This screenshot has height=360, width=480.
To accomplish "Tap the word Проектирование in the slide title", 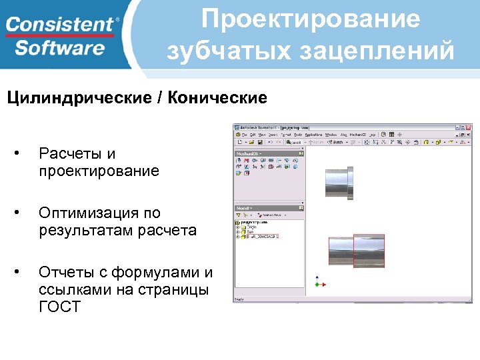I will pos(311,19).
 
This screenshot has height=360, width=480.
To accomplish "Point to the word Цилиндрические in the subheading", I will pos(78,99).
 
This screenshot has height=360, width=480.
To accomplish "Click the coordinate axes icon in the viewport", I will pos(319,282).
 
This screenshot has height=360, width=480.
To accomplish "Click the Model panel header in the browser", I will pos(243,208).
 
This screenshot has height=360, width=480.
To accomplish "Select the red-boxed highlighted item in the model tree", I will pos(263,236).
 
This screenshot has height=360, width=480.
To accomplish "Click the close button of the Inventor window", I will pos(469,127).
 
